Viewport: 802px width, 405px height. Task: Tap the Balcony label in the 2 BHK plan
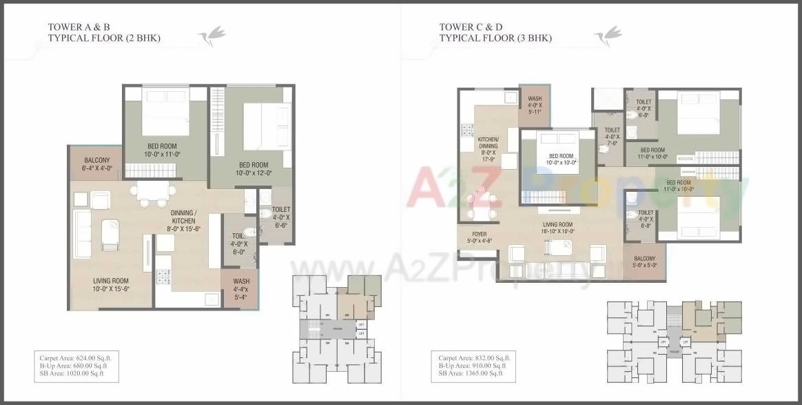(96, 164)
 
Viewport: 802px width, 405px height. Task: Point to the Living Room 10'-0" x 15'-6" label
(111, 284)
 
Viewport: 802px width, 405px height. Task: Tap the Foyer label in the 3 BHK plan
(480, 237)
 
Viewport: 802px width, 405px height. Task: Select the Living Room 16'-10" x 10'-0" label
(557, 228)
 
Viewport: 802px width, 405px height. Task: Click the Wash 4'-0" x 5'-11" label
(535, 105)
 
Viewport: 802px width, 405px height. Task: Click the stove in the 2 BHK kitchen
(163, 277)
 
